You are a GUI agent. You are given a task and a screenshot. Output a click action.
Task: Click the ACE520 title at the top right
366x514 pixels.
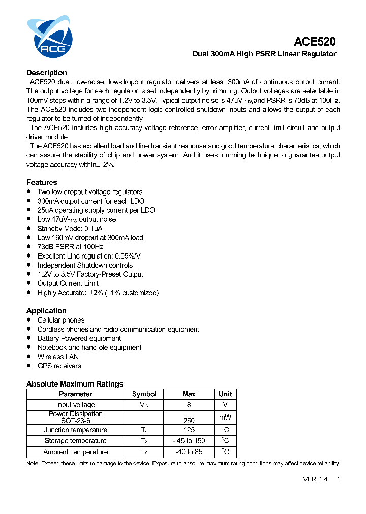[315, 42]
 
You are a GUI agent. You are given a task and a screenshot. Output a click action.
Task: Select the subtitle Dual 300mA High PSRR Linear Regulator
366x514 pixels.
[264, 54]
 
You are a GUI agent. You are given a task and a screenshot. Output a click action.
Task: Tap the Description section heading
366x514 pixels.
[47, 73]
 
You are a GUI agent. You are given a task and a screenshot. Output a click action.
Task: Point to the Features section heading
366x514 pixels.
[42, 182]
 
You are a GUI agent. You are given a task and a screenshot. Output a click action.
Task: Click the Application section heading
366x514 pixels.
[46, 311]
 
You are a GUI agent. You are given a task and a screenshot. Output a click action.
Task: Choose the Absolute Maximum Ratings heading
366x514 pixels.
[75, 384]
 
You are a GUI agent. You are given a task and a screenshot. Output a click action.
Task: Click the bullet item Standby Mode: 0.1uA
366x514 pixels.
[70, 229]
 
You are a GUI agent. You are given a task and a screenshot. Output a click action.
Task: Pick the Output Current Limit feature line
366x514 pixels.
[68, 283]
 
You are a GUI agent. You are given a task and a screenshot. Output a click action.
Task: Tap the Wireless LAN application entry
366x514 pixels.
[58, 357]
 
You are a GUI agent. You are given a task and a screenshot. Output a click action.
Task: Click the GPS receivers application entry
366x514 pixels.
[59, 366]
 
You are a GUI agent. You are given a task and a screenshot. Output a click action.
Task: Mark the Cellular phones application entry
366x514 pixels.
[61, 320]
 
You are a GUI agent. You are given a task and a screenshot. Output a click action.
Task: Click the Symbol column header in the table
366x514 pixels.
[144, 394]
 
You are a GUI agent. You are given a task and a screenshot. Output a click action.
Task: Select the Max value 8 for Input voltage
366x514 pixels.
[189, 405]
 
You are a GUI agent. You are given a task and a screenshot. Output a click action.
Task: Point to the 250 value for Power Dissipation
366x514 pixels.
[189, 421]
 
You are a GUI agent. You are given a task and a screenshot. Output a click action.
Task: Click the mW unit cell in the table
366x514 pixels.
[225, 417]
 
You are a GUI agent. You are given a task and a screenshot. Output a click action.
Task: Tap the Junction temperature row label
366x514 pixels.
[75, 430]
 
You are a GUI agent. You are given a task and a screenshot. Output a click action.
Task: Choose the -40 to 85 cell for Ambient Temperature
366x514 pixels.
[189, 452]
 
